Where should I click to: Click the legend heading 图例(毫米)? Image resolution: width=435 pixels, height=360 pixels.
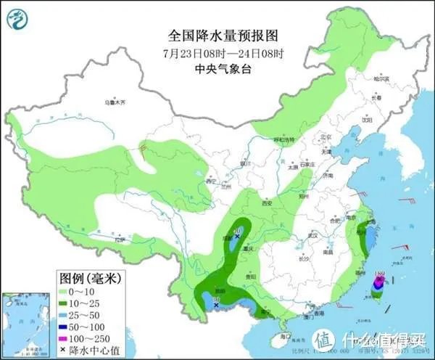89,279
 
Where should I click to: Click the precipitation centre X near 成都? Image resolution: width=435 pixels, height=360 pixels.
236,227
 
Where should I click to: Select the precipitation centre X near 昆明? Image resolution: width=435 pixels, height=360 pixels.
216,306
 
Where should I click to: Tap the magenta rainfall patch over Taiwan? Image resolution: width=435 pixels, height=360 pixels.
378,282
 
